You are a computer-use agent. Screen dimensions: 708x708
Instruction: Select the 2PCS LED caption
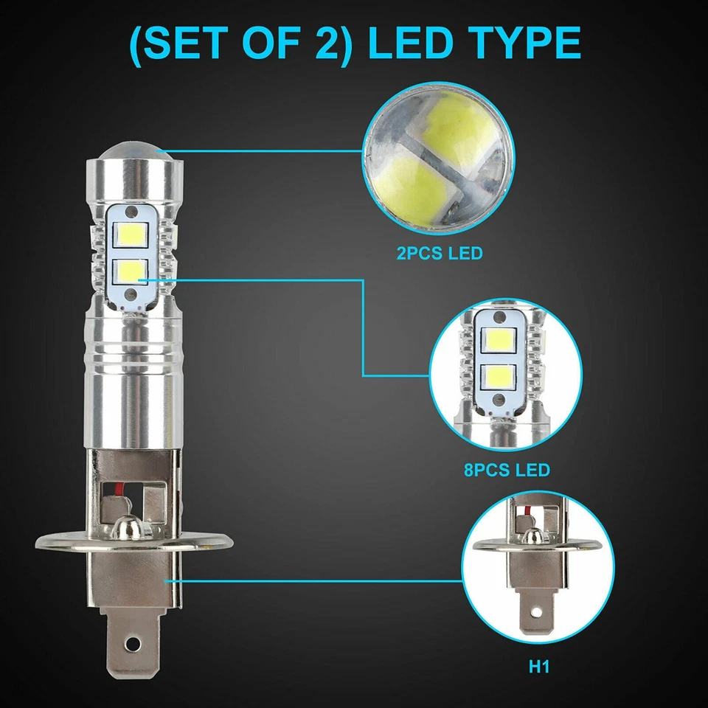[439, 254]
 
